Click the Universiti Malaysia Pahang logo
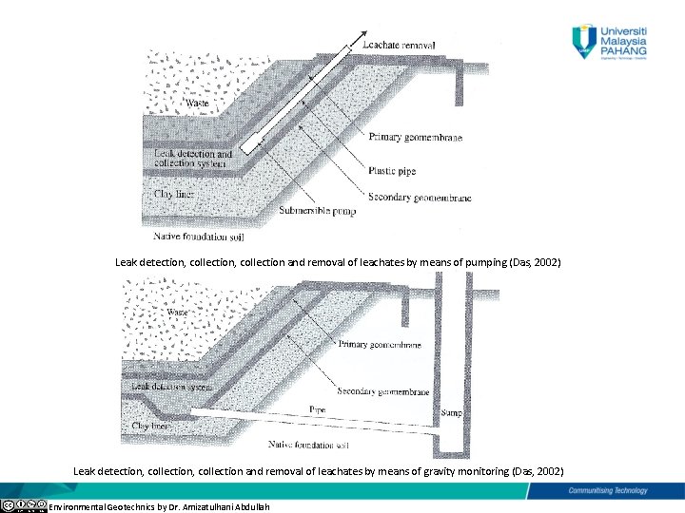(x=609, y=43)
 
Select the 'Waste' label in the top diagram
(x=197, y=103)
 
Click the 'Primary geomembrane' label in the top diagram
(x=415, y=138)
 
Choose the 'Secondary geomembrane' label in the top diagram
(x=420, y=198)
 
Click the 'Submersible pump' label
(x=317, y=211)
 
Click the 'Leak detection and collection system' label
(x=193, y=159)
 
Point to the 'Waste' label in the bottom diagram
(x=176, y=312)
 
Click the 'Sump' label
(x=452, y=414)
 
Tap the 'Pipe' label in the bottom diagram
(x=317, y=409)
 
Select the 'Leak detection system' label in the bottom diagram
(x=171, y=387)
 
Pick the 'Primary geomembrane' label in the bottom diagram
(x=380, y=345)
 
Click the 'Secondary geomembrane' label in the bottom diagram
(x=382, y=391)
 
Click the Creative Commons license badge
(x=24, y=505)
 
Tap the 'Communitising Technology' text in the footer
(x=607, y=490)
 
